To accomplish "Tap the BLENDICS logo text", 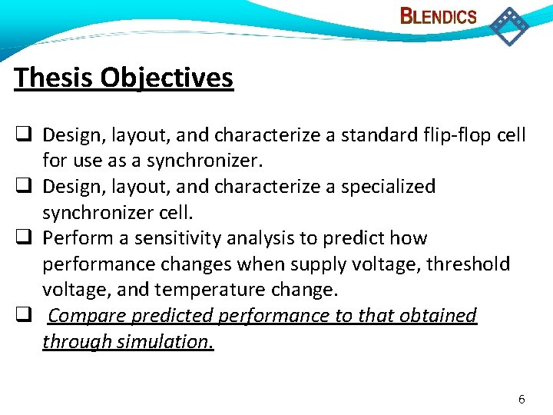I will pos(439,16).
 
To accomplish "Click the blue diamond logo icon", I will pos(509,25).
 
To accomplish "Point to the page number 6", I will pos(522,399).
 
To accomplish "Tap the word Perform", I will pos(72,238).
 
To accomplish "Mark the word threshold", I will pos(471,264).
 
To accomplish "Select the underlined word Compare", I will pos(88,316).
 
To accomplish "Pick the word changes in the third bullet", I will pos(193,264).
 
